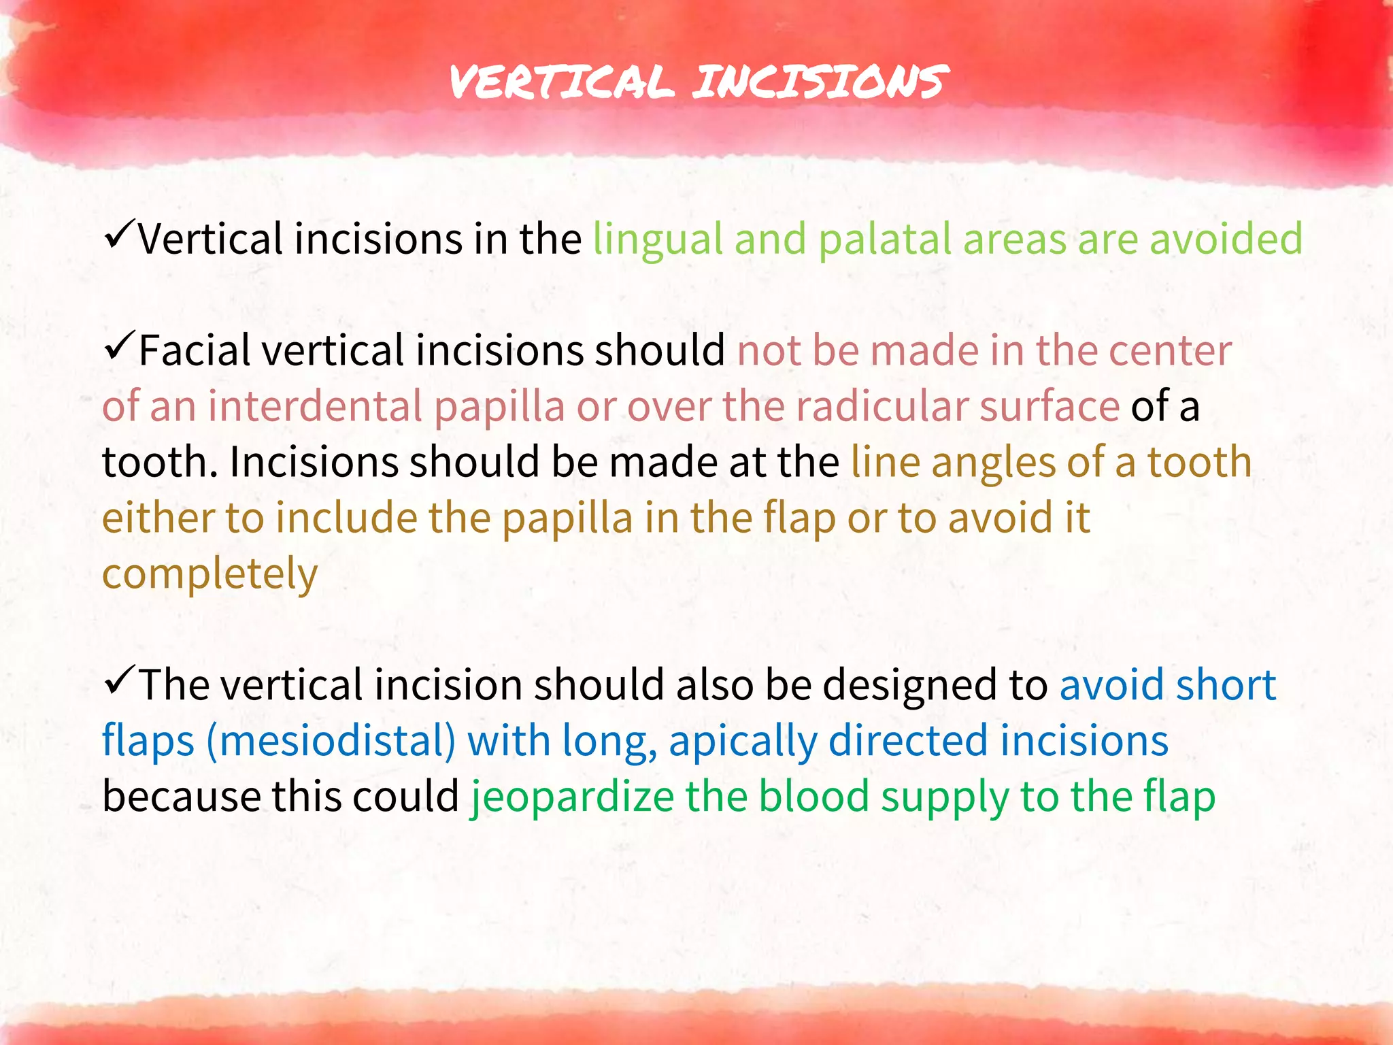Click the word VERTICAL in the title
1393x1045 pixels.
pyautogui.click(x=562, y=83)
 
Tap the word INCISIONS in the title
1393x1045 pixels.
pyautogui.click(x=820, y=83)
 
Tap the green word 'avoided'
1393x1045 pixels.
pyautogui.click(x=1226, y=239)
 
